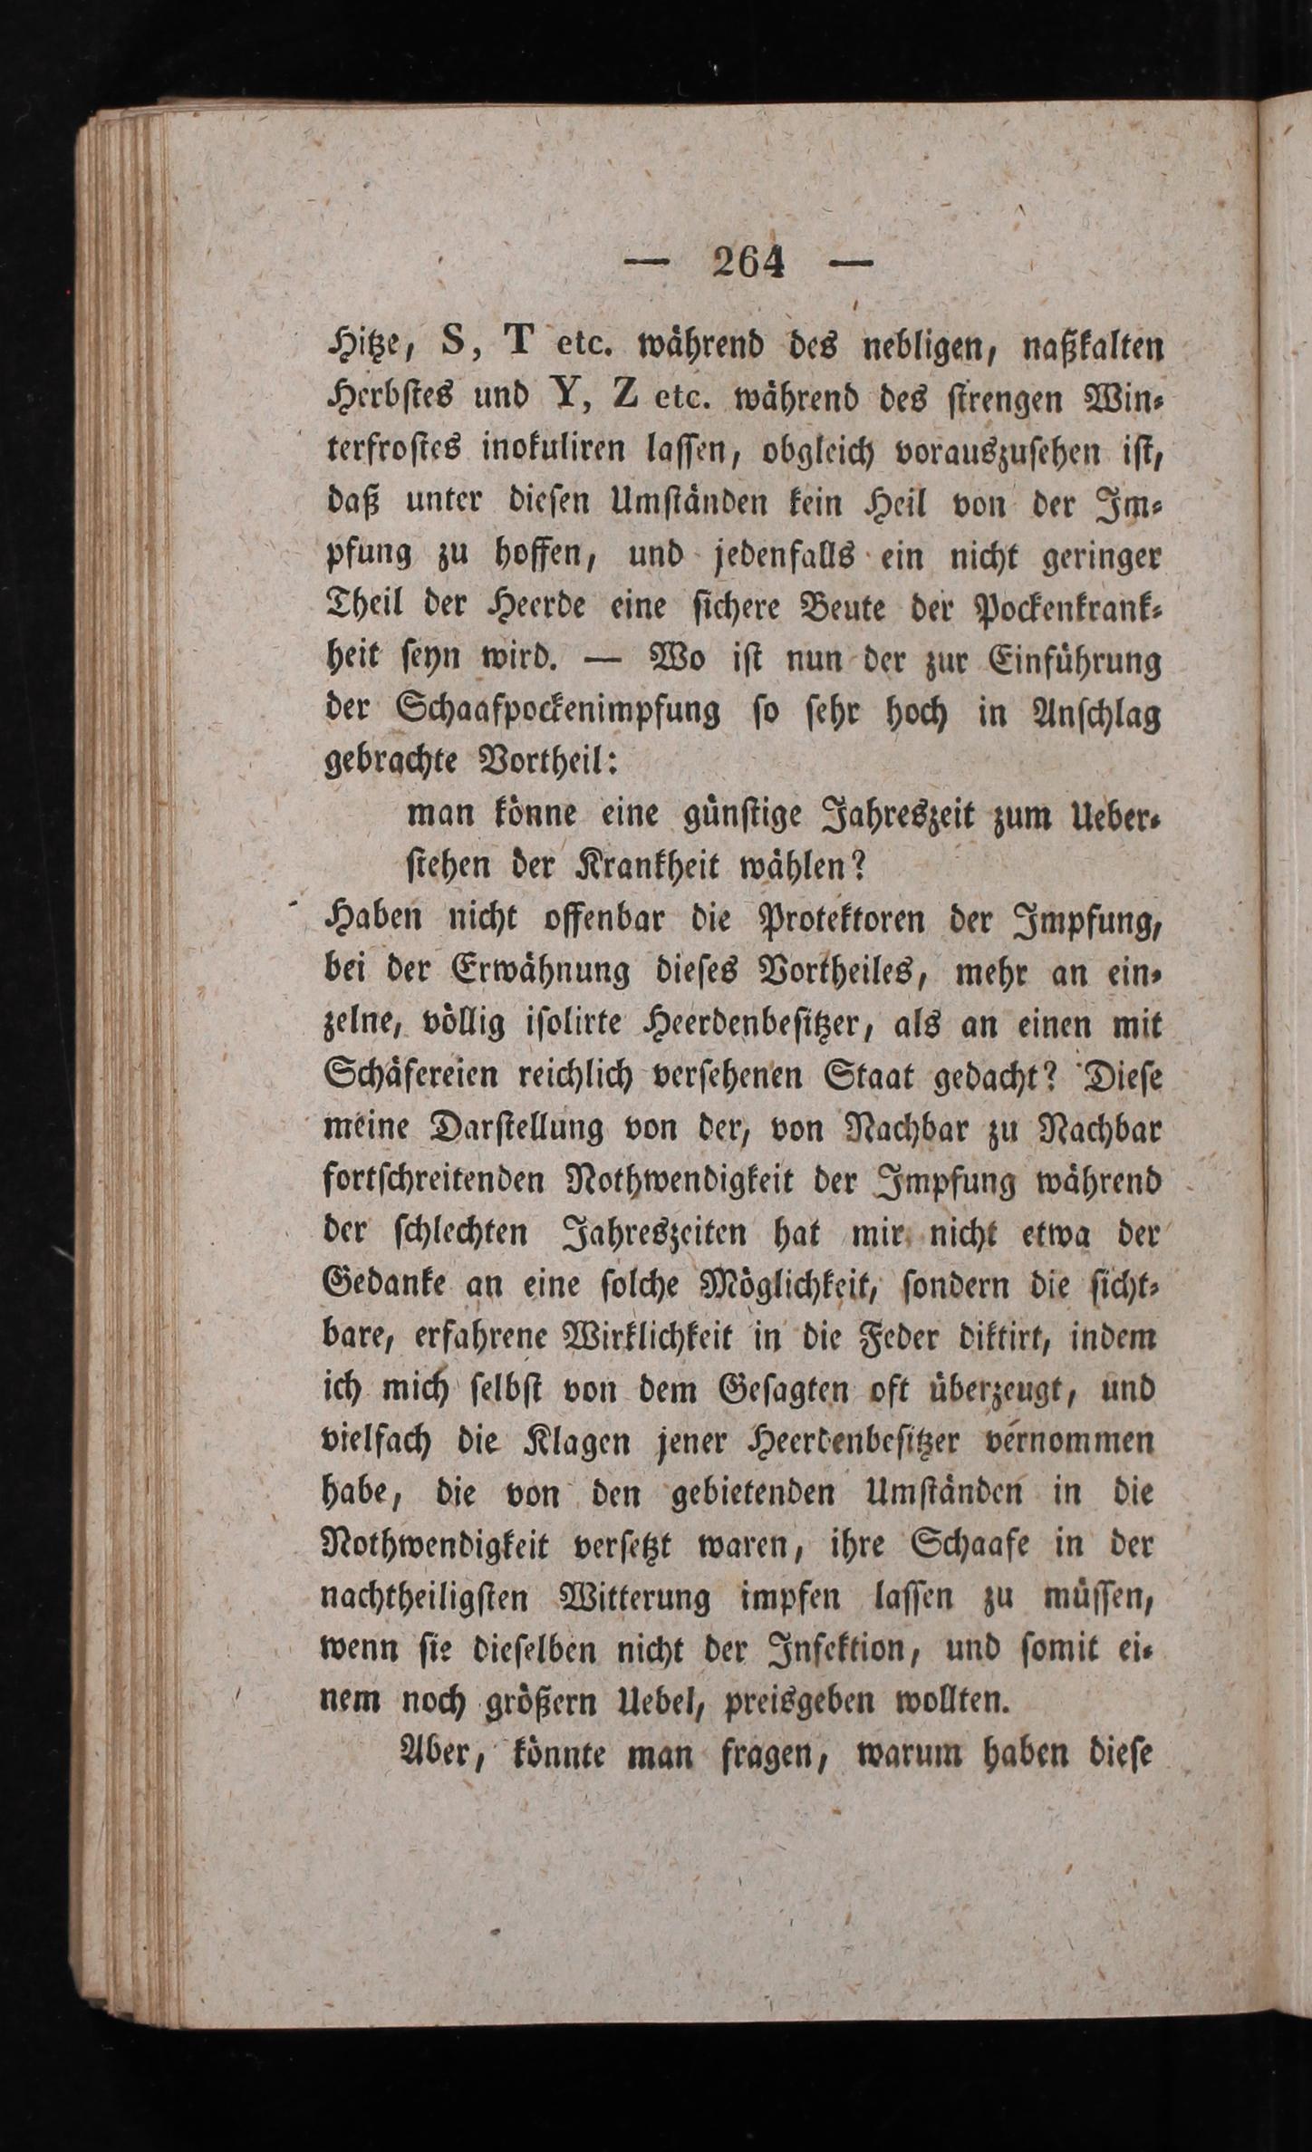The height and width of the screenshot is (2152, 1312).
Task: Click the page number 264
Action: [748, 264]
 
